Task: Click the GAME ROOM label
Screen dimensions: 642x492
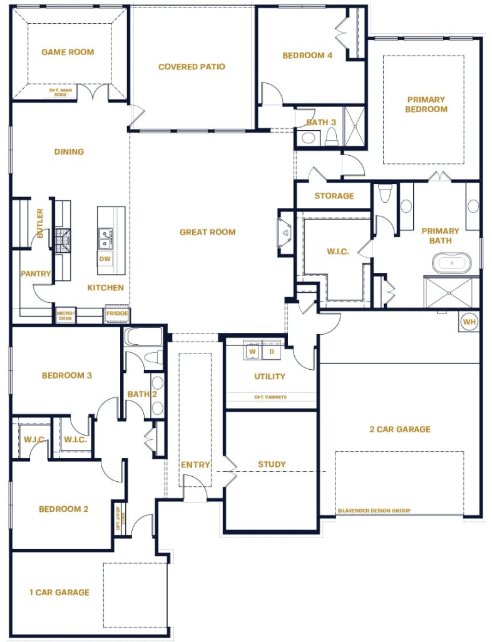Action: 68,52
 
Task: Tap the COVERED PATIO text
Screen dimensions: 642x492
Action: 192,67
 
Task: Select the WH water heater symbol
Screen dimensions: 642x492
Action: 469,322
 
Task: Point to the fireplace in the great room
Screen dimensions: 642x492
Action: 285,233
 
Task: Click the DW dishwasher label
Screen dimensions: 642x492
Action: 105,258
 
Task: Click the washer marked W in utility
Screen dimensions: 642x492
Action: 253,352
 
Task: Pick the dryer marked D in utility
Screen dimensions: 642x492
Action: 272,352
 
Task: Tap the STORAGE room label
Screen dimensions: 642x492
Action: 334,196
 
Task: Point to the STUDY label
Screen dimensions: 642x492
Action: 272,464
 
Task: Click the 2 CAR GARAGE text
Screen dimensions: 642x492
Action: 400,429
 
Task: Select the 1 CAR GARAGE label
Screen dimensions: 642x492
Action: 59,592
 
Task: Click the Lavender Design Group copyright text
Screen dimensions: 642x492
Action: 373,511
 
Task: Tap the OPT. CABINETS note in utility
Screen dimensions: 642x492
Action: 270,397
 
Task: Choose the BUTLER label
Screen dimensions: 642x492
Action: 40,223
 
